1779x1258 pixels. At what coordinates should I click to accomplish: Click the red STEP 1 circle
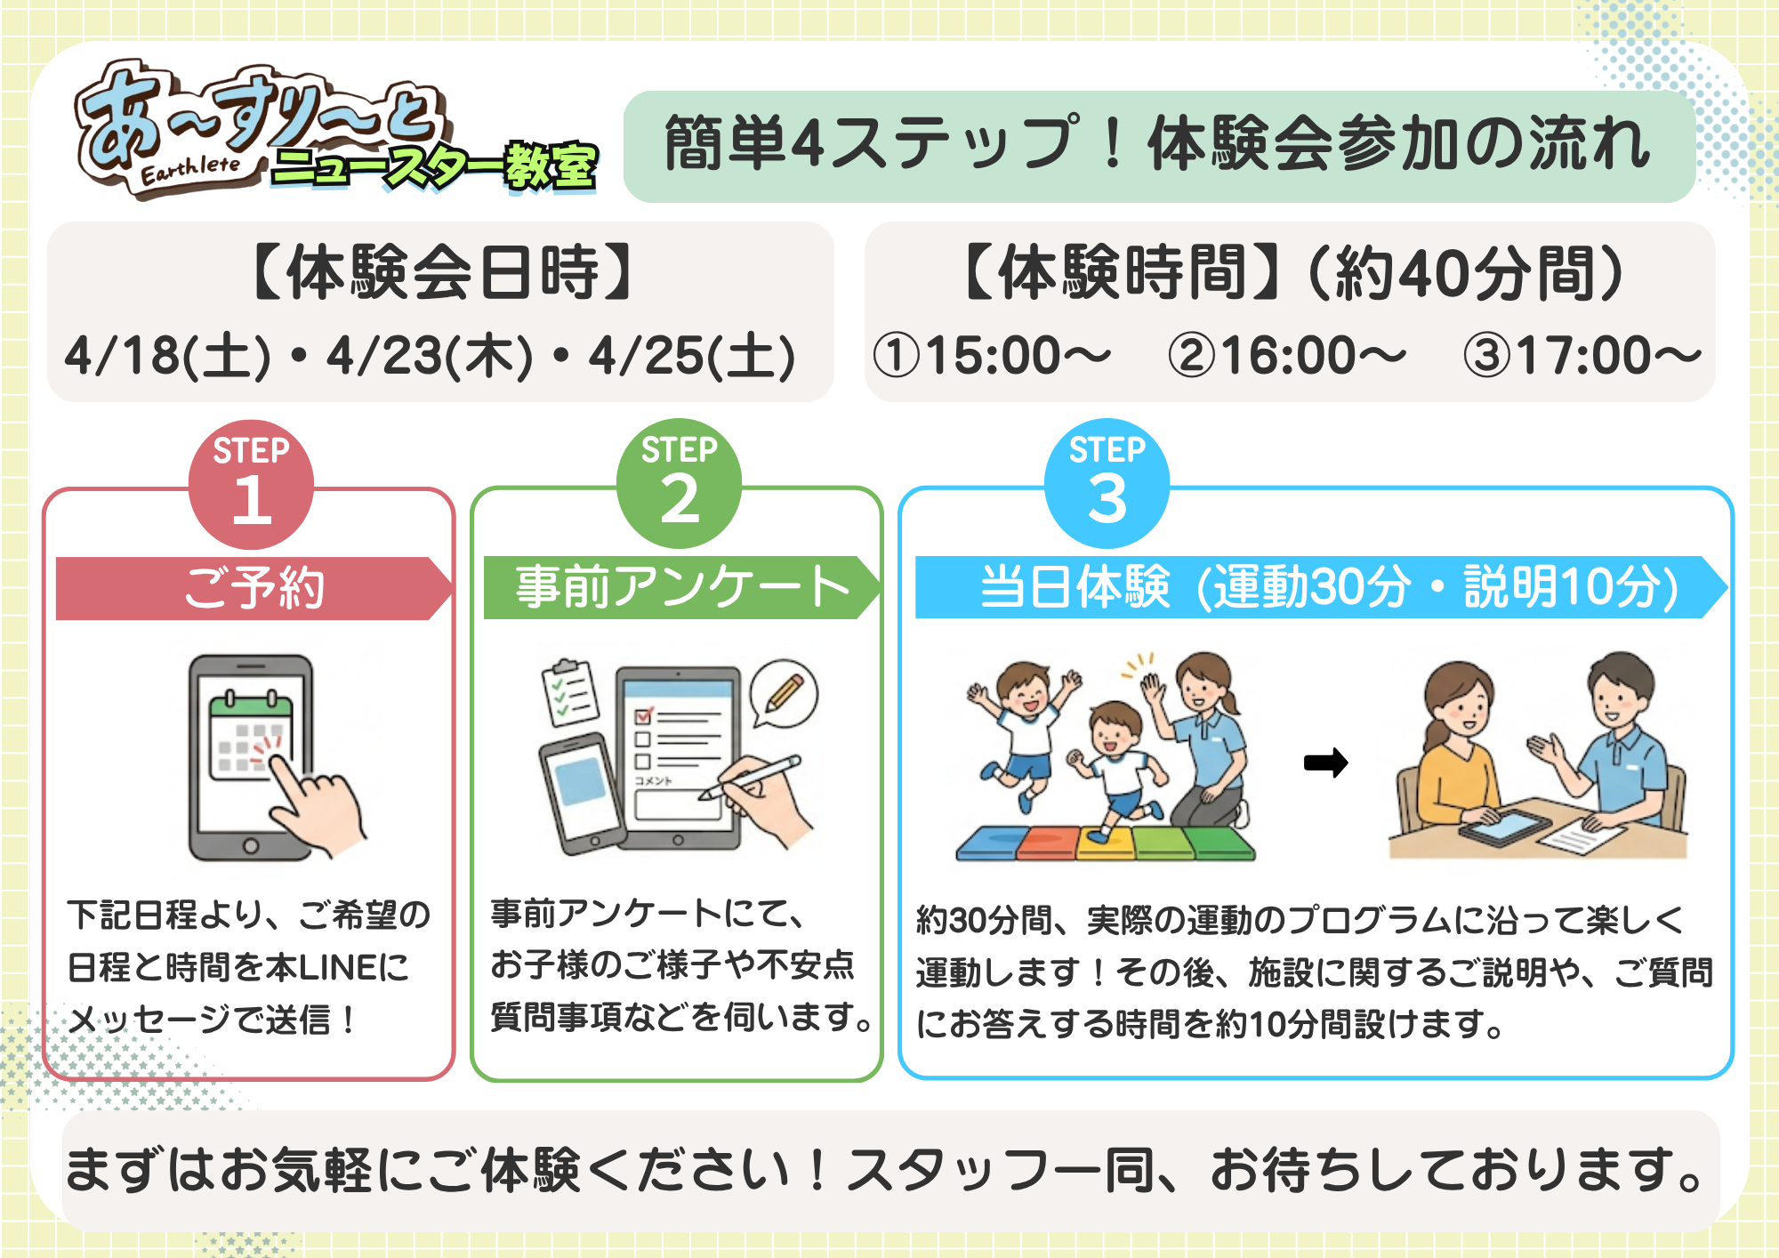pos(251,484)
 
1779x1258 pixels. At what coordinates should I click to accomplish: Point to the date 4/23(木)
pos(430,356)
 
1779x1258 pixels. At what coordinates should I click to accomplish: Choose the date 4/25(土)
pos(692,356)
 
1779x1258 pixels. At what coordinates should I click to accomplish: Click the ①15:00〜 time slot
pos(993,355)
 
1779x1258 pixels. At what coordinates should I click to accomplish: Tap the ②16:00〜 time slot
pos(1288,355)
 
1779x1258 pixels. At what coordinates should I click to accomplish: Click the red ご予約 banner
pos(254,588)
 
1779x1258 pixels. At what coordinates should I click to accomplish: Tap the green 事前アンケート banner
pos(681,587)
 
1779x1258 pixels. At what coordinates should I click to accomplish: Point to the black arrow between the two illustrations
pos(1325,762)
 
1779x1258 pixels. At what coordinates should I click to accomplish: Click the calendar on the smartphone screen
pos(251,735)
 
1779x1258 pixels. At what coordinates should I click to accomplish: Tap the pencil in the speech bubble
pos(784,693)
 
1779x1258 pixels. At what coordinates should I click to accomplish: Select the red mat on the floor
pos(1046,843)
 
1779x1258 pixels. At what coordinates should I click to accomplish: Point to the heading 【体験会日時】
pos(441,272)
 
